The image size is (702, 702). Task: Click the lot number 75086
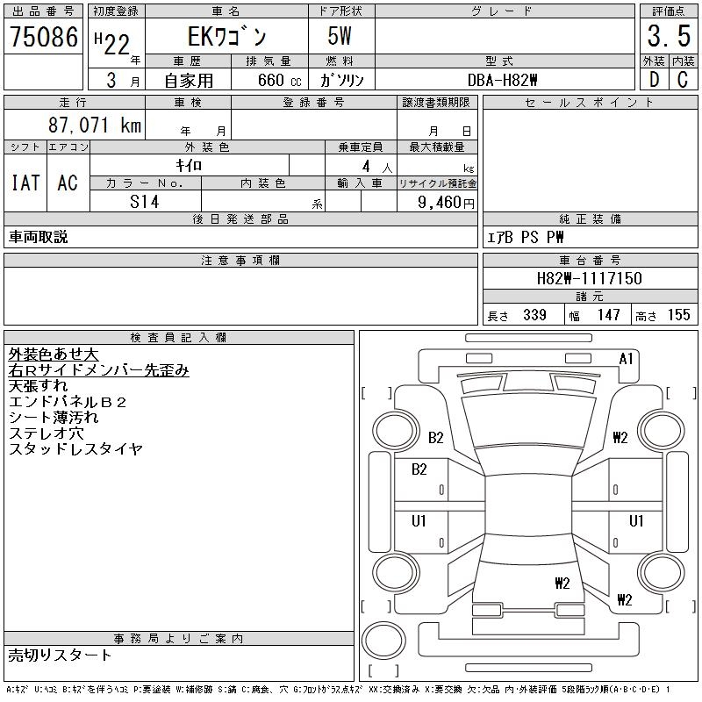click(43, 38)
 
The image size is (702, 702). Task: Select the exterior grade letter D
click(653, 79)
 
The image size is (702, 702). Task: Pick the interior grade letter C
click(682, 79)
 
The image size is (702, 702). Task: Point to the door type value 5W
click(340, 38)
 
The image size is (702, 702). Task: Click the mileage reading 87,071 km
click(94, 126)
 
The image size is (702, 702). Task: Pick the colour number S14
click(144, 202)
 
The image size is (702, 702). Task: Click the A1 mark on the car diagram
click(626, 358)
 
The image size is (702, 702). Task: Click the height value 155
click(677, 315)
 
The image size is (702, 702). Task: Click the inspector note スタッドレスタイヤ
click(75, 449)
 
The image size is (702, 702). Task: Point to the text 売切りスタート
click(61, 655)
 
